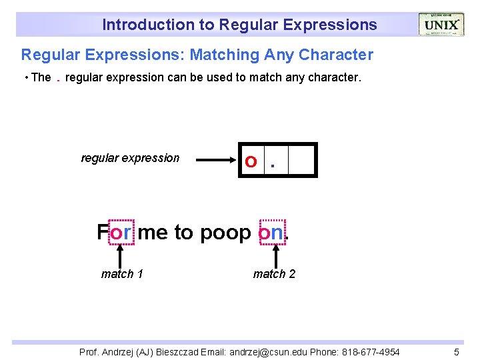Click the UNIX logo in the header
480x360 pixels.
point(441,25)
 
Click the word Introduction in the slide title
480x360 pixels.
point(137,25)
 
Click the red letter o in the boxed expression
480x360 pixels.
point(251,161)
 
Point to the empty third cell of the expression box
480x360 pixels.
point(301,160)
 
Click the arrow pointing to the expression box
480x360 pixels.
point(217,160)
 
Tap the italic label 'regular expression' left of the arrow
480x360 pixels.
point(130,158)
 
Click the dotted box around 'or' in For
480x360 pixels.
point(121,232)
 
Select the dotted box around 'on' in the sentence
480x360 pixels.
point(271,232)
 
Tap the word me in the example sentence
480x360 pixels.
point(153,233)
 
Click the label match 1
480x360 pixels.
point(122,274)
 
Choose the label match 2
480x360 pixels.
point(274,274)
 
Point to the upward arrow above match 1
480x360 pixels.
point(121,255)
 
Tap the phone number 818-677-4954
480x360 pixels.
point(371,351)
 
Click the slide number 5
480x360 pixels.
point(457,351)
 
